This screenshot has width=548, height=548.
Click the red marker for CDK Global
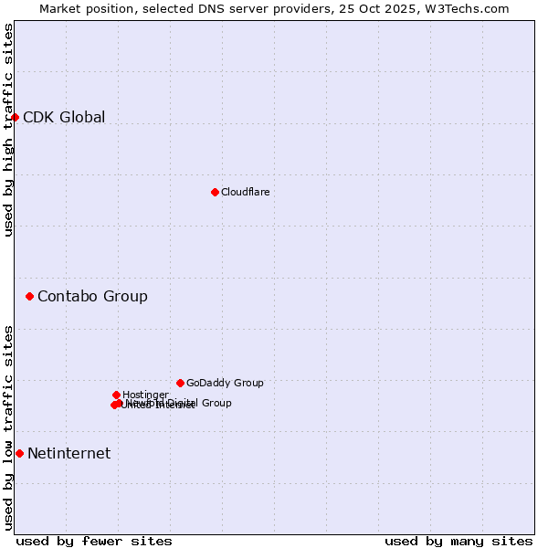coord(16,117)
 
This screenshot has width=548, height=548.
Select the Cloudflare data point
coord(215,192)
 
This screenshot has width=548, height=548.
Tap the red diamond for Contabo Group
coord(30,296)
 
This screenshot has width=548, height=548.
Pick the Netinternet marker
coord(19,453)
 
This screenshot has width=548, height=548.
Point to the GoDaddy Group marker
coord(180,383)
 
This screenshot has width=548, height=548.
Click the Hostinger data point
coord(116,395)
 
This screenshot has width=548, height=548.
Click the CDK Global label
coord(64,117)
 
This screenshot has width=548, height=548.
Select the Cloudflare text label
coord(245,192)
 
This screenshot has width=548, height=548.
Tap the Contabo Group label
coord(92,296)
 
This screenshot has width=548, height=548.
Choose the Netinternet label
coord(68,453)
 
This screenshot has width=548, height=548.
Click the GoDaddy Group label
coord(225,383)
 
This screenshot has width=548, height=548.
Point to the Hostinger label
coord(145,395)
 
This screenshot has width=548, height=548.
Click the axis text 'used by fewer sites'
coord(94,541)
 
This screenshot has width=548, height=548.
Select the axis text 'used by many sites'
coord(458,541)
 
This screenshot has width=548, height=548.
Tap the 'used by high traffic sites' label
coord(8,130)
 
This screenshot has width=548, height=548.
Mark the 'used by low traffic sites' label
coord(8,427)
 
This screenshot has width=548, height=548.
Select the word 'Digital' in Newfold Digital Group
coord(184,403)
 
